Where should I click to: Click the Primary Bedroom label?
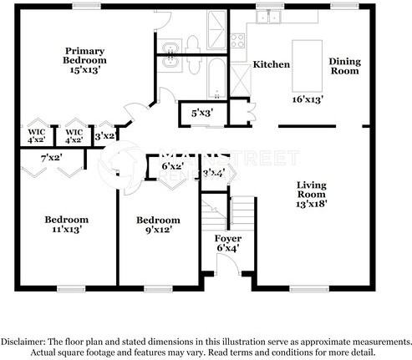click(84, 56)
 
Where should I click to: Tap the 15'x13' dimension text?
click(85, 69)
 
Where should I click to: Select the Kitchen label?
click(272, 64)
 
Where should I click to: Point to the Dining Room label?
click(344, 66)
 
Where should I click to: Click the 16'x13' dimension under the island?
click(308, 99)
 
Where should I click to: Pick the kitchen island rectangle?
click(308, 66)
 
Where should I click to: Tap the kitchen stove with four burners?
click(237, 40)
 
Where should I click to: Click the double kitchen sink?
click(268, 17)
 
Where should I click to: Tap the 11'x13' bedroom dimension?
click(67, 230)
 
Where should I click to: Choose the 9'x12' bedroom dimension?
click(158, 230)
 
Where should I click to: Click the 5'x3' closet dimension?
click(202, 114)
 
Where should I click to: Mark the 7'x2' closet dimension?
click(52, 158)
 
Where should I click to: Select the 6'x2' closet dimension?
click(173, 166)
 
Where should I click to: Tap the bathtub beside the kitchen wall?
click(217, 79)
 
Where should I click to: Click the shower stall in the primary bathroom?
click(216, 30)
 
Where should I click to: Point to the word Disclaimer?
click(23, 342)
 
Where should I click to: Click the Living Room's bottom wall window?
click(309, 290)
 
